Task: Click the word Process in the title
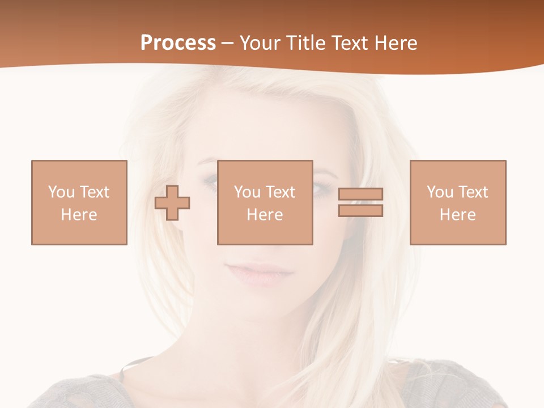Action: point(178,43)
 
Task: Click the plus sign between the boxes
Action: point(172,202)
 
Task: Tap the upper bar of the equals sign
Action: point(360,194)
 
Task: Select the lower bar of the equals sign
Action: point(360,210)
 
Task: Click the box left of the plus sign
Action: point(79,202)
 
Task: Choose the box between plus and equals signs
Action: point(265,202)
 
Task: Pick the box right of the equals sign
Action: point(457,202)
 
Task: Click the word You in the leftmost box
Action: point(61,192)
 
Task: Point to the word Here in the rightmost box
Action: point(457,215)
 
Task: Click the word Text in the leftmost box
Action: point(94,192)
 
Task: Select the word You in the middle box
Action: point(247,192)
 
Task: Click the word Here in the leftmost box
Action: point(79,215)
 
